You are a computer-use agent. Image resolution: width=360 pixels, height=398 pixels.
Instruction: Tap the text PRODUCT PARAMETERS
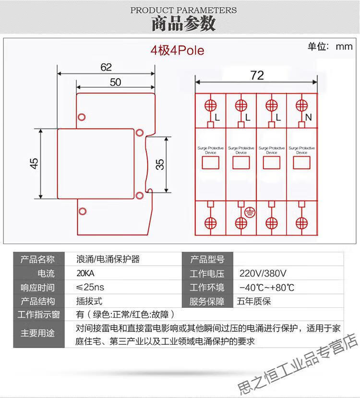tap(183, 10)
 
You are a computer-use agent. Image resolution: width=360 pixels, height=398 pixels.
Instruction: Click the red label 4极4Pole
tap(177, 50)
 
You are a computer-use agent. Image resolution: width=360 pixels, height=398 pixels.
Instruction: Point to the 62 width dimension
tap(106, 67)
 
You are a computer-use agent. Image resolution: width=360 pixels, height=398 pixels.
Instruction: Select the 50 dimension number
tap(115, 82)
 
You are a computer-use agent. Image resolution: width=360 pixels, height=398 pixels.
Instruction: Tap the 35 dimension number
tap(160, 164)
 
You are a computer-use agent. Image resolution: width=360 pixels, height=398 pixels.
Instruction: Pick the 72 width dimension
tap(257, 75)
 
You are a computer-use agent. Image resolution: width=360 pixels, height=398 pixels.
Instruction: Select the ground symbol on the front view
tap(250, 212)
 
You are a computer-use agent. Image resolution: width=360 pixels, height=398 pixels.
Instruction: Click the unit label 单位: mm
tap(330, 47)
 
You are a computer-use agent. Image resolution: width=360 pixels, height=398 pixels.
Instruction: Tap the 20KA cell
tap(86, 274)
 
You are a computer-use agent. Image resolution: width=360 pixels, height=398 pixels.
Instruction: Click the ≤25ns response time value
tap(90, 288)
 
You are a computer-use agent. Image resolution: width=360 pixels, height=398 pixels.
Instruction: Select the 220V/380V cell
tap(263, 274)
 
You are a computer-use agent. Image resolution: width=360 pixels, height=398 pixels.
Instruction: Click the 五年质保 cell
tap(254, 302)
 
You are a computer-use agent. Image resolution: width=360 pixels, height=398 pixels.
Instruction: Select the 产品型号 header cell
tap(207, 260)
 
